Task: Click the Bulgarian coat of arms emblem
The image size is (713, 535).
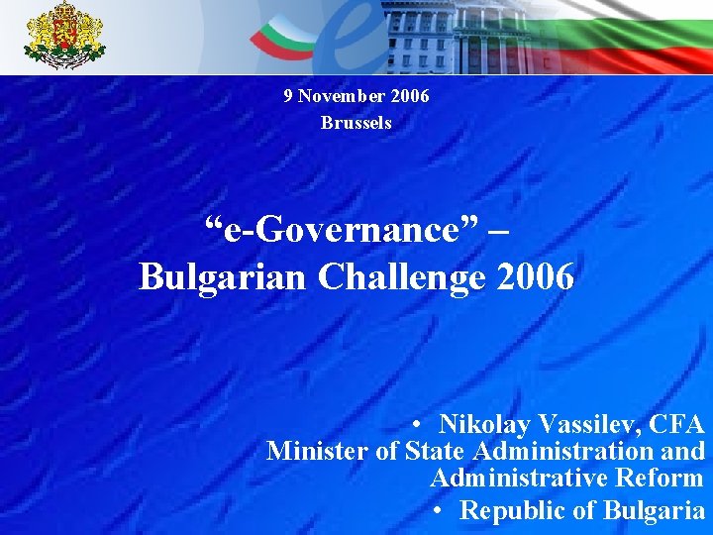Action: coord(65,37)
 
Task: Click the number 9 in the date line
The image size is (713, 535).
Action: coord(288,96)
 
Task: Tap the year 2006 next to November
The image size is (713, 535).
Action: coord(410,96)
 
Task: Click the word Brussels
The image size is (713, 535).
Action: coord(356,123)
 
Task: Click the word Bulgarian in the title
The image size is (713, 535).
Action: coord(224,277)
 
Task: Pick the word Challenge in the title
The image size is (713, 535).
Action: coord(401,277)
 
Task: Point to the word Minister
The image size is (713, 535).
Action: coord(317,452)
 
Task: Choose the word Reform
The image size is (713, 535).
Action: coord(659,479)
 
